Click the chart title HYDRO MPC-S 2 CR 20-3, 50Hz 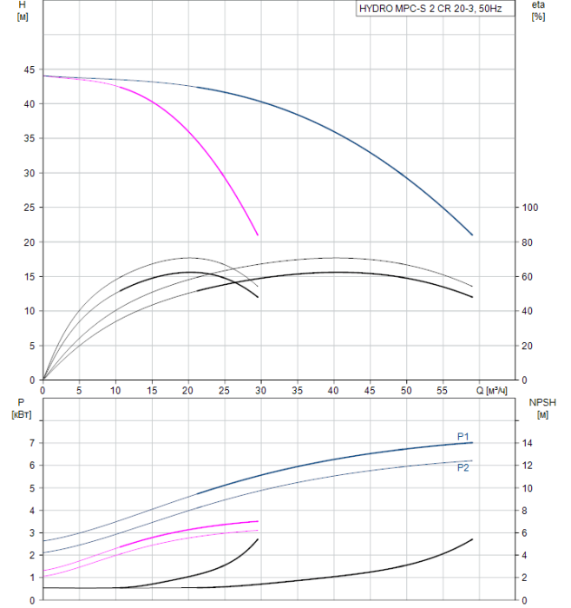click(430, 10)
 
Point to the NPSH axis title click(542, 408)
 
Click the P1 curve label click(463, 436)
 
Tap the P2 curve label click(463, 467)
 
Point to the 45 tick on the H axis click(30, 69)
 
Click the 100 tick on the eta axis click(528, 208)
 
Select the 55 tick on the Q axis click(443, 392)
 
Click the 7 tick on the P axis click(31, 443)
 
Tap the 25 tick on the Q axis click(225, 392)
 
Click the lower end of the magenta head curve click(258, 235)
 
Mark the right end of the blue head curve click(473, 235)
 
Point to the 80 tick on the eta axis click(526, 242)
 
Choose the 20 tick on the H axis click(30, 242)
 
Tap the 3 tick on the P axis click(31, 533)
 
